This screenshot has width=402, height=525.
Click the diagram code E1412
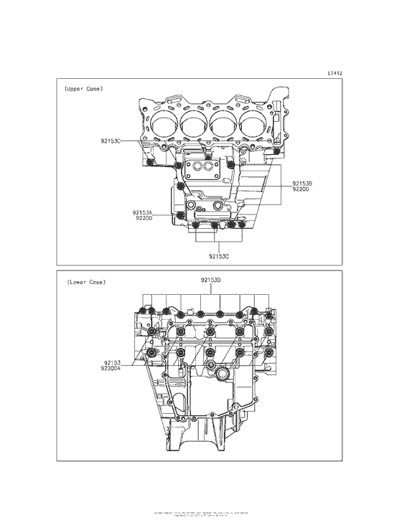335,73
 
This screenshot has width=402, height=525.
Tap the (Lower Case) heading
85,282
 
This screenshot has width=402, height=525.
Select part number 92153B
302,184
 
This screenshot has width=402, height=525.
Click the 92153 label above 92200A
113,363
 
